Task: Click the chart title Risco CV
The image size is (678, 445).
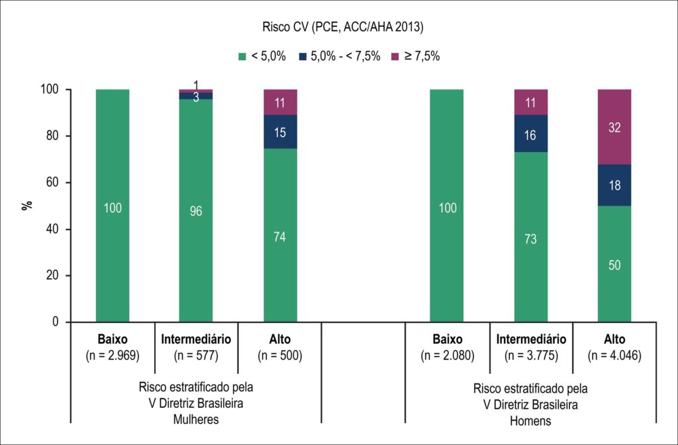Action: [x=343, y=27]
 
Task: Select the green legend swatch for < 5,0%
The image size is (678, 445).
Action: [x=242, y=56]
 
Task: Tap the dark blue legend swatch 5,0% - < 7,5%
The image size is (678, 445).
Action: [x=302, y=56]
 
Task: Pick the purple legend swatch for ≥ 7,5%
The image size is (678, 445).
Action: [x=395, y=56]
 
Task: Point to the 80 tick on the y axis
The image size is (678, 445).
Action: [x=52, y=136]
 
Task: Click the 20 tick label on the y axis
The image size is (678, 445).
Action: [x=52, y=276]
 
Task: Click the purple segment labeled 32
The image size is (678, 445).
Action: [x=614, y=127]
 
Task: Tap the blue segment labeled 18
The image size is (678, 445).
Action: [x=614, y=185]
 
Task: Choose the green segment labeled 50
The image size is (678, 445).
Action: [x=614, y=264]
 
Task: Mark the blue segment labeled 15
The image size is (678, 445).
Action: [x=280, y=132]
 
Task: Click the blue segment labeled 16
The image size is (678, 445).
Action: [x=530, y=133]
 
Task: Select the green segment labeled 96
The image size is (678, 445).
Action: [x=196, y=211]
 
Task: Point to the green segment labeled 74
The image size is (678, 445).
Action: [x=280, y=235]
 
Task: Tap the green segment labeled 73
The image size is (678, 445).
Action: [x=530, y=237]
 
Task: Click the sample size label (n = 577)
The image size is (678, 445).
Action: [x=196, y=355]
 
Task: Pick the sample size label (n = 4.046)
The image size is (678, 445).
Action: [x=614, y=355]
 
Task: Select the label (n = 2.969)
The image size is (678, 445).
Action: [x=113, y=355]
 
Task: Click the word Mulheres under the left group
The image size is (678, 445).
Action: [x=196, y=419]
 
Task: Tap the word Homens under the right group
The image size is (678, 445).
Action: [x=530, y=420]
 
